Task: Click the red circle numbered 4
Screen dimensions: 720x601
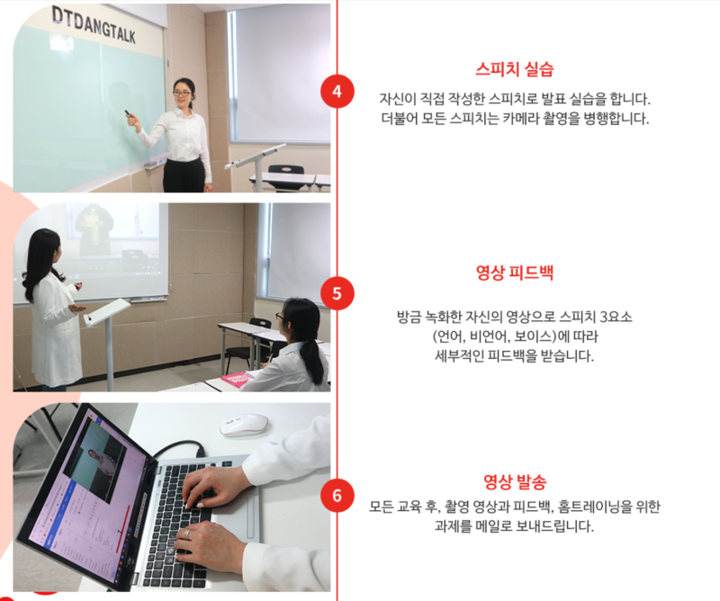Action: pos(337,92)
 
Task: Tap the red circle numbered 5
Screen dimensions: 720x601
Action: pos(337,293)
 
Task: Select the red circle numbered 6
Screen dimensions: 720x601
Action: pos(337,496)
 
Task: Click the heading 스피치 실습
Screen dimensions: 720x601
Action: pos(514,69)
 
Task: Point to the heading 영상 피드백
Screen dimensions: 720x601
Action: pos(514,273)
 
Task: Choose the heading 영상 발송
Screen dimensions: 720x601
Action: pos(515,482)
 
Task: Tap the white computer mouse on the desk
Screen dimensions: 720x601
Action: pos(243,425)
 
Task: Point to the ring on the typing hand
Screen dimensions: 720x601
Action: pos(187,534)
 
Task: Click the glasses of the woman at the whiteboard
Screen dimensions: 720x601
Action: pos(182,94)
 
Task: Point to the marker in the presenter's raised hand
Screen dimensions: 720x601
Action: pos(128,113)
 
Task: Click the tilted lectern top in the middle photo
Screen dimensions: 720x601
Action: pos(107,312)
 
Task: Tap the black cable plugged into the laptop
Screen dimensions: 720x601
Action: pos(179,449)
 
